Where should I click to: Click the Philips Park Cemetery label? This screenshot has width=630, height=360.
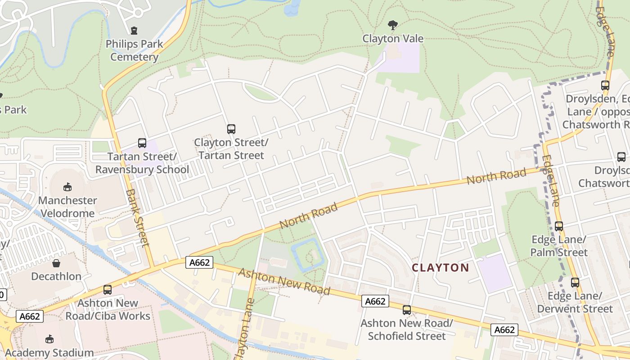point(134,50)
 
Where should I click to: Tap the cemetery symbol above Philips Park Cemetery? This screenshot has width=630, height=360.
point(134,31)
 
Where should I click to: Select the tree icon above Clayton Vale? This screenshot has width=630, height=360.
point(393,25)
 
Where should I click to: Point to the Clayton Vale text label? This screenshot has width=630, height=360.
point(393,39)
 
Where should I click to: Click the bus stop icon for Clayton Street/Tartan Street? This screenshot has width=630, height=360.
point(231,129)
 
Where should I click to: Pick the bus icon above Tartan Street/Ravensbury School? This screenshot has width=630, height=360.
point(142,143)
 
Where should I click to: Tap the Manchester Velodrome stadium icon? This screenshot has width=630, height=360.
point(67,187)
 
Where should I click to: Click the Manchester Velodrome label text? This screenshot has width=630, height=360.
point(67,207)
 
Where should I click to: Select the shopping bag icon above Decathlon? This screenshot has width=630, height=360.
point(56,263)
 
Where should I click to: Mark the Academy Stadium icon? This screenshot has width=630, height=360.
point(49,339)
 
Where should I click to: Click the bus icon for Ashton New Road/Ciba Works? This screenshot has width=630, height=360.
point(108,289)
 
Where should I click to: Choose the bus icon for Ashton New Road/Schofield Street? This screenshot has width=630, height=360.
point(407,310)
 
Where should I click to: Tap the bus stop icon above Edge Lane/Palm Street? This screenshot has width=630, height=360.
point(558,226)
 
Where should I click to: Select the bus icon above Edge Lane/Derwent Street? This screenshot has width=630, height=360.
point(575,282)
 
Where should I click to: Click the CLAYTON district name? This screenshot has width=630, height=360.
point(441,268)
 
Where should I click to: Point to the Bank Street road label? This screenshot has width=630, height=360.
point(137,218)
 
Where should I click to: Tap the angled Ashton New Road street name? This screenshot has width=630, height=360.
point(284,282)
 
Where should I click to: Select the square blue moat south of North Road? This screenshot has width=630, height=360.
point(308,255)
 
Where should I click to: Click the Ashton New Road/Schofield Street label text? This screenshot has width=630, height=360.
point(407,329)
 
